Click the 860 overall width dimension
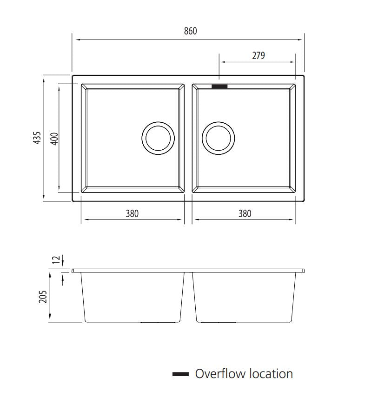point(190,31)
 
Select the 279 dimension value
point(258,55)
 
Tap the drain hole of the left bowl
point(158,138)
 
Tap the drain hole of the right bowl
point(219,138)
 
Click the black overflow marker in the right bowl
point(219,86)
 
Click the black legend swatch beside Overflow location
point(180,374)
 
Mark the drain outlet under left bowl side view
point(158,322)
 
